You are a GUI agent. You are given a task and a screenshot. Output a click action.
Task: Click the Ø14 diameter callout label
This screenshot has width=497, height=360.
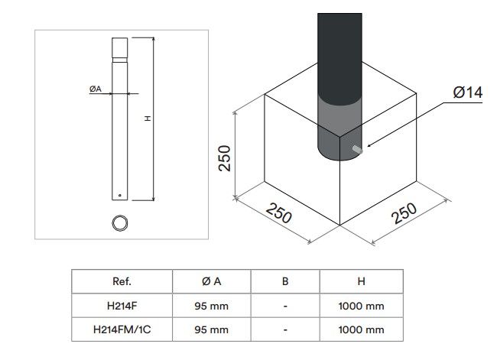[467, 92]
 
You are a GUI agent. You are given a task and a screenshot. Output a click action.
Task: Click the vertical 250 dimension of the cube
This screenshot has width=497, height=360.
[224, 158]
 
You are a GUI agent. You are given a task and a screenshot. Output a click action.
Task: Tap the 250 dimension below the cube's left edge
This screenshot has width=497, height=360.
[278, 213]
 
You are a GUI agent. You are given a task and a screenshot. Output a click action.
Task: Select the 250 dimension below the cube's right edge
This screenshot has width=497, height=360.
[404, 213]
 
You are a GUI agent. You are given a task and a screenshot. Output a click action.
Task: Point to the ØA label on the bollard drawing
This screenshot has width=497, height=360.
[96, 89]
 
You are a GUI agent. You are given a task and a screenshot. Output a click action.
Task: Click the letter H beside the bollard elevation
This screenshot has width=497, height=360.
[148, 118]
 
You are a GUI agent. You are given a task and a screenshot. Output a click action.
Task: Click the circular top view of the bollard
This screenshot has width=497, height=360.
[120, 223]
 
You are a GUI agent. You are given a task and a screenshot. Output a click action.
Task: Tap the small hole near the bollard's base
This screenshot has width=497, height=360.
[120, 195]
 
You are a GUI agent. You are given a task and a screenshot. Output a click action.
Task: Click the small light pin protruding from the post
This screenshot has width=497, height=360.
[358, 149]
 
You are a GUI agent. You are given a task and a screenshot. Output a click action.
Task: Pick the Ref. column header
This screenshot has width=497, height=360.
[122, 281]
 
